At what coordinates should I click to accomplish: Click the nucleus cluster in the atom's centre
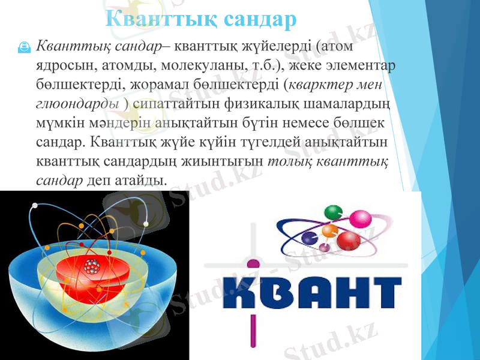click(x=91, y=266)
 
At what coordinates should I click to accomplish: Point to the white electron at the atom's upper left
click(x=35, y=206)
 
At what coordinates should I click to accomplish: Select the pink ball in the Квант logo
click(x=361, y=218)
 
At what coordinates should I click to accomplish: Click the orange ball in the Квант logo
click(x=329, y=231)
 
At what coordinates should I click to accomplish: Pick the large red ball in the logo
click(x=349, y=241)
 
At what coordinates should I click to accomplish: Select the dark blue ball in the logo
click(x=311, y=238)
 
